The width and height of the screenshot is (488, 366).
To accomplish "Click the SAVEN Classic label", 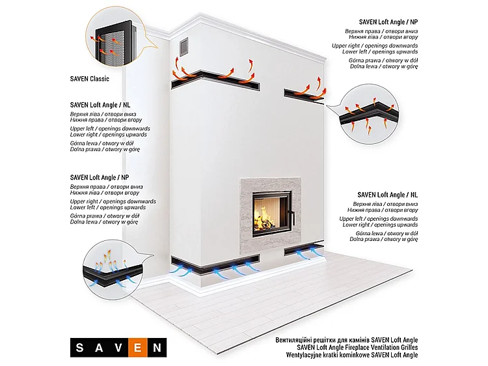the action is point(90,79).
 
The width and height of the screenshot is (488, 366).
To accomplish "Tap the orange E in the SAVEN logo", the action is point(137,347).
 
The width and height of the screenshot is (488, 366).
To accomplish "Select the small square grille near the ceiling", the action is point(184,47).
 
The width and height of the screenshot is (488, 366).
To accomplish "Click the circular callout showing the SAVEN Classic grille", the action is point(115,36).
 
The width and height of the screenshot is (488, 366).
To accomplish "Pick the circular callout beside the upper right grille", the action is point(369,114).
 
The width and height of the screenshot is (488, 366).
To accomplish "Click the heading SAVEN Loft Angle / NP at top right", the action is point(388,22).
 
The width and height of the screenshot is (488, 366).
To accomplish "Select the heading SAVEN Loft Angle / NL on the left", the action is point(100,105).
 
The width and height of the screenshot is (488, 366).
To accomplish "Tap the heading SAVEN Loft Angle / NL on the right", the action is point(388,195).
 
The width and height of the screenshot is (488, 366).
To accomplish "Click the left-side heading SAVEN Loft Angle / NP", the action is point(100,178).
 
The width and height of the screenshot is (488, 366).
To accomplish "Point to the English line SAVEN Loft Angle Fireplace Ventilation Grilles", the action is point(357,347).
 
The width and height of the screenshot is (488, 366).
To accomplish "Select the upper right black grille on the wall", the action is point(304,94).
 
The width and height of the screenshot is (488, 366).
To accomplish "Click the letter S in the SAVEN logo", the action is point(79,347).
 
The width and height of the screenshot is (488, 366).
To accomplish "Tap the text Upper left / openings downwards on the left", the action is point(110,129).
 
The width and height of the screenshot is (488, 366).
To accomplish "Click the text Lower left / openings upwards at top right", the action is point(380,51).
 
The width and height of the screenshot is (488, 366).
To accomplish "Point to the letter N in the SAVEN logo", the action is point(157,347).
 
